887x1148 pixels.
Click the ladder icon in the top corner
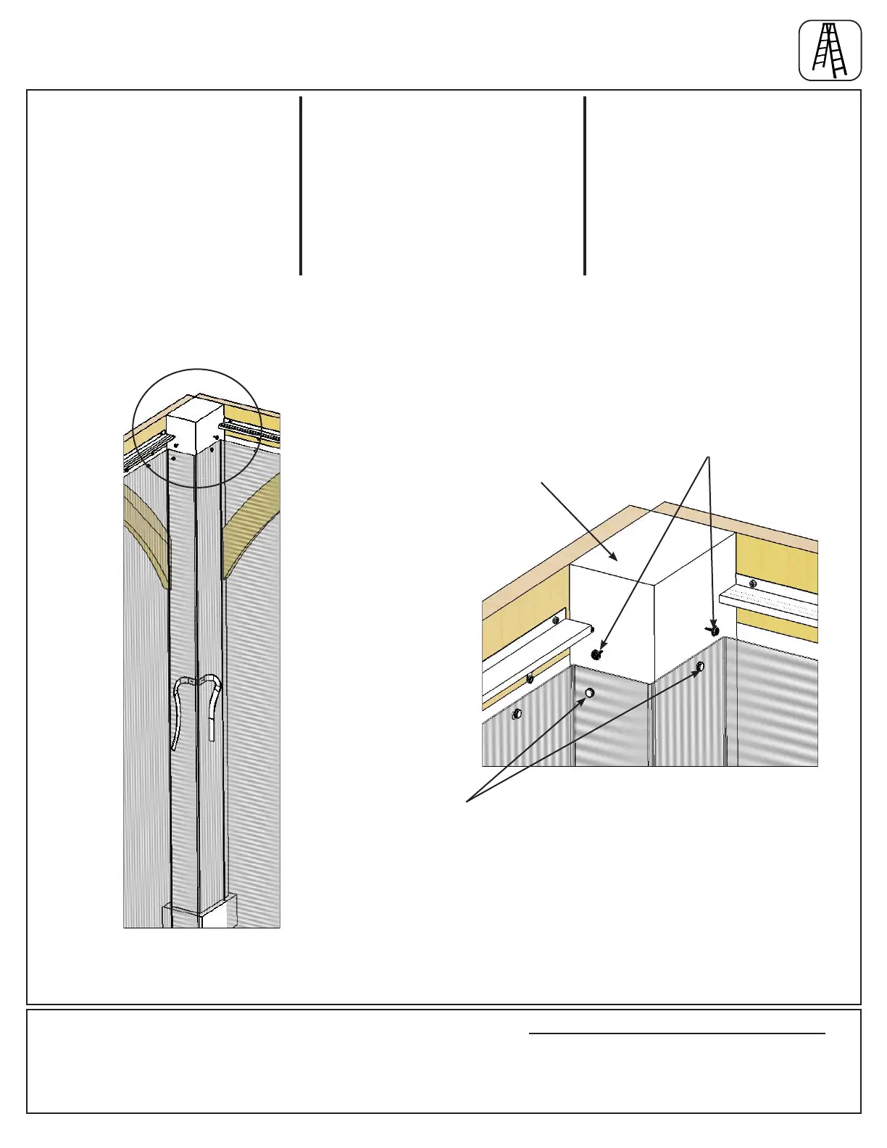(830, 50)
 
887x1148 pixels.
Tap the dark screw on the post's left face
(596, 655)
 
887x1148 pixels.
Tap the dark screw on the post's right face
(715, 631)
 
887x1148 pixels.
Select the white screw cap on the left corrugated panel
(590, 694)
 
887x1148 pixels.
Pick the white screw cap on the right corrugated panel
(700, 666)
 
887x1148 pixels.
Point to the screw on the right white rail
(753, 583)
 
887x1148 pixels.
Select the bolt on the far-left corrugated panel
(515, 715)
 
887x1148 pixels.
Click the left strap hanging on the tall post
(178, 714)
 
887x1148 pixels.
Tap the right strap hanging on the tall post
(212, 707)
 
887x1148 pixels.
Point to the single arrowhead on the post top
(615, 557)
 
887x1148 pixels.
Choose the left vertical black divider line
(301, 186)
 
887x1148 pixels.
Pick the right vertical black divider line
(585, 186)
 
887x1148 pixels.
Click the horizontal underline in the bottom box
(677, 1033)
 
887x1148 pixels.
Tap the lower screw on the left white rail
(530, 678)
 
